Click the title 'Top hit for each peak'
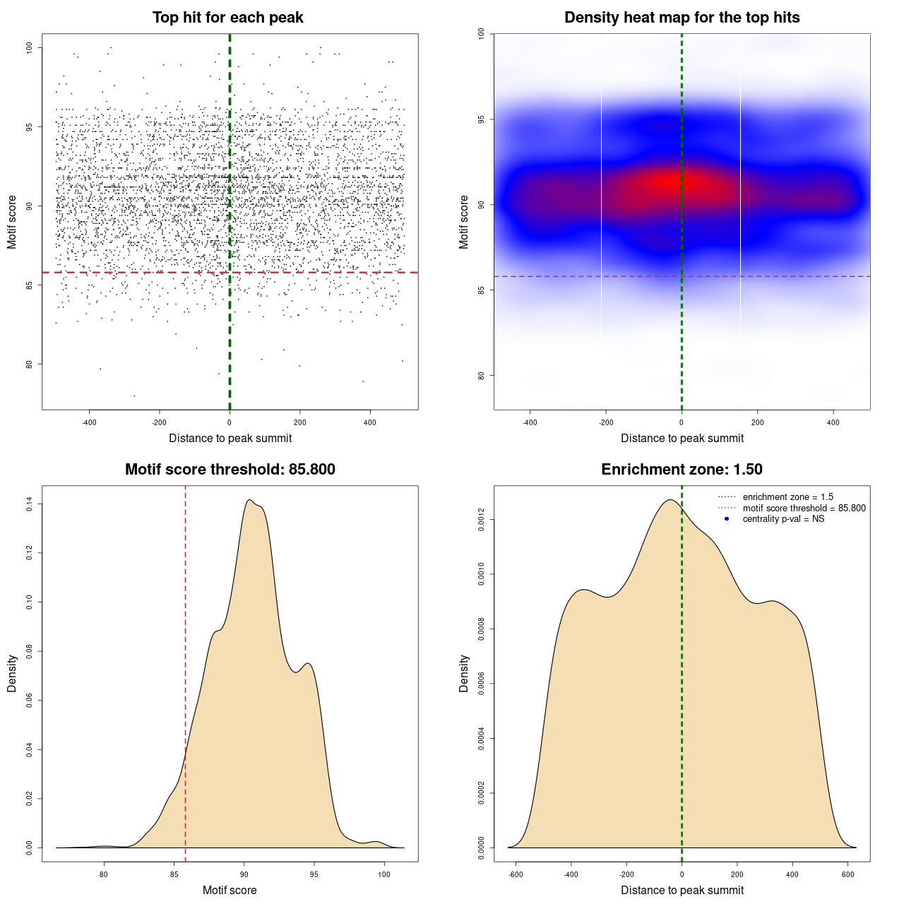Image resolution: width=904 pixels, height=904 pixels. (x=227, y=18)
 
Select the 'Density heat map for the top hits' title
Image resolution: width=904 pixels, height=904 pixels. (x=682, y=18)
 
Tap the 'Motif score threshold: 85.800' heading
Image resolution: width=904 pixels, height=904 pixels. (x=230, y=470)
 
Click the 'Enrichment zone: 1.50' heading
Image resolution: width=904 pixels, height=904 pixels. (x=682, y=470)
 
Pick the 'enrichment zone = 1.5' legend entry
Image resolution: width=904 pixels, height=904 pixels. (x=787, y=497)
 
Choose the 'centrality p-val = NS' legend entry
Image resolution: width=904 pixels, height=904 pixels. (x=783, y=519)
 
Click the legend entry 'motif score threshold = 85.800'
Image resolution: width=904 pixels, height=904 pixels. (x=804, y=508)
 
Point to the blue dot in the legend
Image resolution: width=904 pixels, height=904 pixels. (x=727, y=519)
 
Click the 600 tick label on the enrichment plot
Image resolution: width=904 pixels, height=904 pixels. (x=848, y=874)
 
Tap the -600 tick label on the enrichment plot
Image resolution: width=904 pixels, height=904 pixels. (x=516, y=874)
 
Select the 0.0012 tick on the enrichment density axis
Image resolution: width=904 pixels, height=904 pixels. (x=482, y=520)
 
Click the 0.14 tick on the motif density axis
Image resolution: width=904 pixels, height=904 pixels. (x=30, y=504)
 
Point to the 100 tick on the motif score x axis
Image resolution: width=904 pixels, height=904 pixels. (x=383, y=874)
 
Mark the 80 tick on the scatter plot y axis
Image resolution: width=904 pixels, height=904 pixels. (x=30, y=364)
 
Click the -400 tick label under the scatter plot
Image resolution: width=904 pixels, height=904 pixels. (x=89, y=422)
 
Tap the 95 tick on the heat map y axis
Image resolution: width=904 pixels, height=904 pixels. (x=482, y=119)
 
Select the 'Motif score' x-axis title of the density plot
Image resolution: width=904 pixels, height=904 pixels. (x=230, y=890)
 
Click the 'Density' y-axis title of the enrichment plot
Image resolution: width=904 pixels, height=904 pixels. (x=464, y=673)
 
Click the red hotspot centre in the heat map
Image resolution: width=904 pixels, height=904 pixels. (x=671, y=182)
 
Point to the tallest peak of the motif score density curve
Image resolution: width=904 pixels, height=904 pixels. (x=249, y=500)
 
